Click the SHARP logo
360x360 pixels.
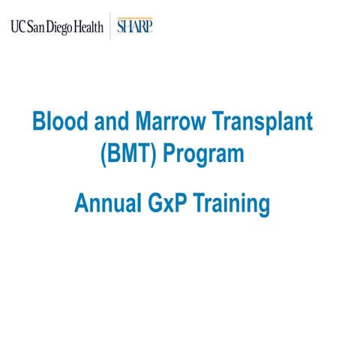[136, 26]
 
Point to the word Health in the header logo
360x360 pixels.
[86, 27]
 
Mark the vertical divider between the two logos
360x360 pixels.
[111, 26]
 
